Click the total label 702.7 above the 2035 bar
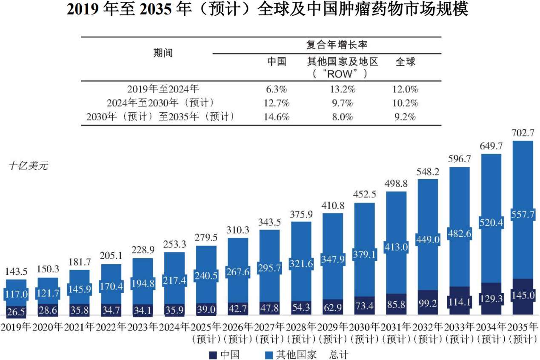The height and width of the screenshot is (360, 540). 523,133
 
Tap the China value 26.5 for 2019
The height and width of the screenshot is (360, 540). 16,312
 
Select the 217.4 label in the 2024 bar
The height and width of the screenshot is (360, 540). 174,280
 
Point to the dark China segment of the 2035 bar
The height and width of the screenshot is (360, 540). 523,297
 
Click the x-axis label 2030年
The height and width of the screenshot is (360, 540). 364,327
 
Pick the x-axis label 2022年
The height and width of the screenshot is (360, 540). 111,327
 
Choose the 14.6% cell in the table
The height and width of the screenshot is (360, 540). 276,117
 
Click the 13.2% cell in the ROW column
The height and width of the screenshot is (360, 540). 342,89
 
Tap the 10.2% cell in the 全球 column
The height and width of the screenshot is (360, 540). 405,103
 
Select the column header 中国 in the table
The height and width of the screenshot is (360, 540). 277,62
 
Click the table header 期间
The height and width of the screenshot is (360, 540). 163,53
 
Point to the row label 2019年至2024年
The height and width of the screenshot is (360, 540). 163,89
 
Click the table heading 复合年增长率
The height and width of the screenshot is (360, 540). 337,45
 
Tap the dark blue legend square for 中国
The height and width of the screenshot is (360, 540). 213,355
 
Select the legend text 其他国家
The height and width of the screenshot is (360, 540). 296,355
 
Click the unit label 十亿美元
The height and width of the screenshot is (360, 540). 29,166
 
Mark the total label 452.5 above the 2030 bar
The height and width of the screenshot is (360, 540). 364,194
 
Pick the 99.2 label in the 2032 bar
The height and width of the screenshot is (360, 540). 428,303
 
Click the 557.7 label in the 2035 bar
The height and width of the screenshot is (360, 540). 523,214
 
